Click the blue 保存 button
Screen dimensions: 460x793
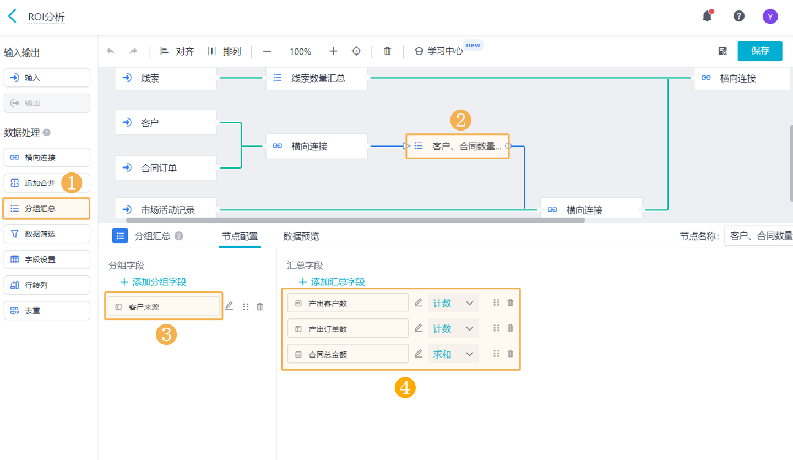click(759, 51)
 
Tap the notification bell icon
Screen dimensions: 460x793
click(707, 16)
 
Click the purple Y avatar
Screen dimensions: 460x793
click(770, 17)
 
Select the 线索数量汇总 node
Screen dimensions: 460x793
click(317, 78)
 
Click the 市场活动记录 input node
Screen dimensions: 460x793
click(166, 209)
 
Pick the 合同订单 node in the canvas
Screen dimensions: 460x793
click(166, 168)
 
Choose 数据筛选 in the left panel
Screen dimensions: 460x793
click(47, 234)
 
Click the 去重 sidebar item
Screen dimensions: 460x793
click(47, 311)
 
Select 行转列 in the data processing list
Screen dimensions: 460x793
click(47, 285)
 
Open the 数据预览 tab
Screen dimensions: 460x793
click(301, 236)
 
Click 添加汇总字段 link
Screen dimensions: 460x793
click(332, 282)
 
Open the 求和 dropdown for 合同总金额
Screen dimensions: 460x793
click(453, 354)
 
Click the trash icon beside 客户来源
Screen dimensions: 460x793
click(260, 307)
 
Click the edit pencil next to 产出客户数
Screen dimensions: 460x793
click(419, 302)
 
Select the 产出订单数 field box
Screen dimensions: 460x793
click(347, 329)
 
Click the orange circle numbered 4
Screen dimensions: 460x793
click(405, 388)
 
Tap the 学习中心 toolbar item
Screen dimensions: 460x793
click(439, 51)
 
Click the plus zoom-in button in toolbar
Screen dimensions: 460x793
click(333, 51)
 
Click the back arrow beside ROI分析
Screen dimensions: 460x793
click(13, 16)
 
